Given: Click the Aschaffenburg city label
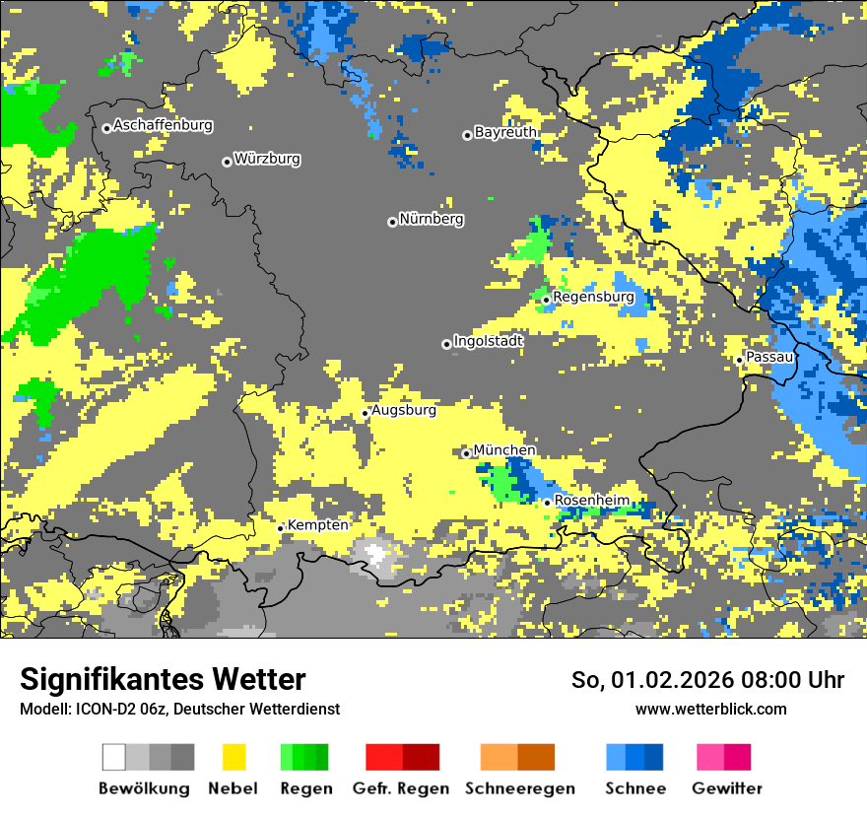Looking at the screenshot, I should coord(163,126).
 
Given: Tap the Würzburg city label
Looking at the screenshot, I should coord(267,160).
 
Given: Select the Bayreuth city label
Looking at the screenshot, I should coord(505,132).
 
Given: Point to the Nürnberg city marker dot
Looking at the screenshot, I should coord(392,222).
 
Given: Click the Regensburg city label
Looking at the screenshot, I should coord(593,297).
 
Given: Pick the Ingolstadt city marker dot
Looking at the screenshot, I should coord(446,344).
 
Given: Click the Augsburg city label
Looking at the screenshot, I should coord(404,410).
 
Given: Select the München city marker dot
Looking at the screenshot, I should coord(466,453).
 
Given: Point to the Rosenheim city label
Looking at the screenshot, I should coord(591,501).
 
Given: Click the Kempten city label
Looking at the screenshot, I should coord(317,525).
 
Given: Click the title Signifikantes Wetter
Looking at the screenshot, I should coord(163,680).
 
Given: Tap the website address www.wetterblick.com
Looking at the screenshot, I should coord(710,710).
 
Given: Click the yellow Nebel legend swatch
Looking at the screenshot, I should coord(233,757).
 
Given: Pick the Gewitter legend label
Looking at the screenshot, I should coord(726,788).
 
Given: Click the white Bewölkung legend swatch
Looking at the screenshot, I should coord(114,757).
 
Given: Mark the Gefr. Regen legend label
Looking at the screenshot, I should coord(400,788).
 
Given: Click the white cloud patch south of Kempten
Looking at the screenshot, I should coord(374,552).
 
